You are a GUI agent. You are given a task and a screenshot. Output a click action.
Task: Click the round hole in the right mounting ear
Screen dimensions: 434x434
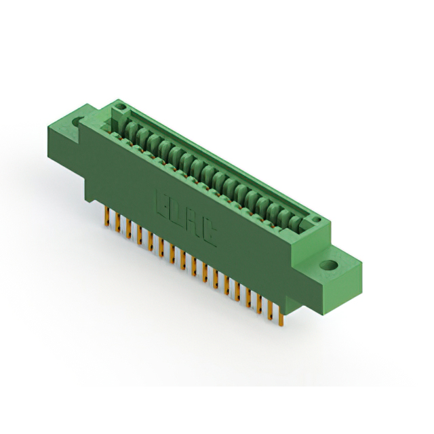pos(329,265)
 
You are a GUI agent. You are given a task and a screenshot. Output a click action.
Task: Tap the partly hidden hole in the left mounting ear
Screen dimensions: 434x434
pos(77,121)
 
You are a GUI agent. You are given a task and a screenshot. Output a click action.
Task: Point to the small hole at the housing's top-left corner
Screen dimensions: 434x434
pos(120,106)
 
